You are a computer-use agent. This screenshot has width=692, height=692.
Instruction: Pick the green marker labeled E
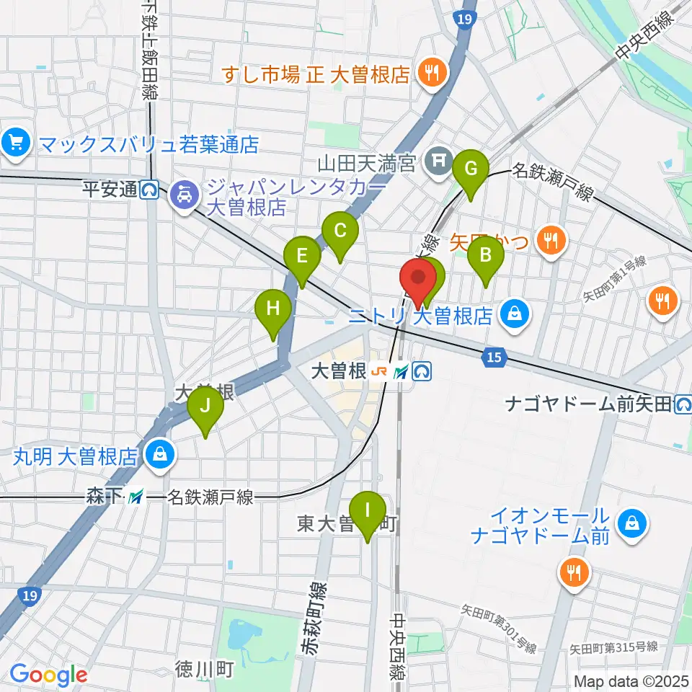point(302,257)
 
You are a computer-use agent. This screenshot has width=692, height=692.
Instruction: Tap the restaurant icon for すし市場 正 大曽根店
point(433,72)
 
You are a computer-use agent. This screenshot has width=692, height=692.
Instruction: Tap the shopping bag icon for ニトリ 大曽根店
point(516,314)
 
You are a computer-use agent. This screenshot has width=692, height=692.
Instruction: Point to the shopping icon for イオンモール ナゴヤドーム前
point(632,523)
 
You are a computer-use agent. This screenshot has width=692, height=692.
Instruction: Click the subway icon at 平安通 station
point(150,190)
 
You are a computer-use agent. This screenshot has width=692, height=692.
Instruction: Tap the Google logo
point(48,675)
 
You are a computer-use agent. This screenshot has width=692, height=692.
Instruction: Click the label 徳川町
point(205,670)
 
